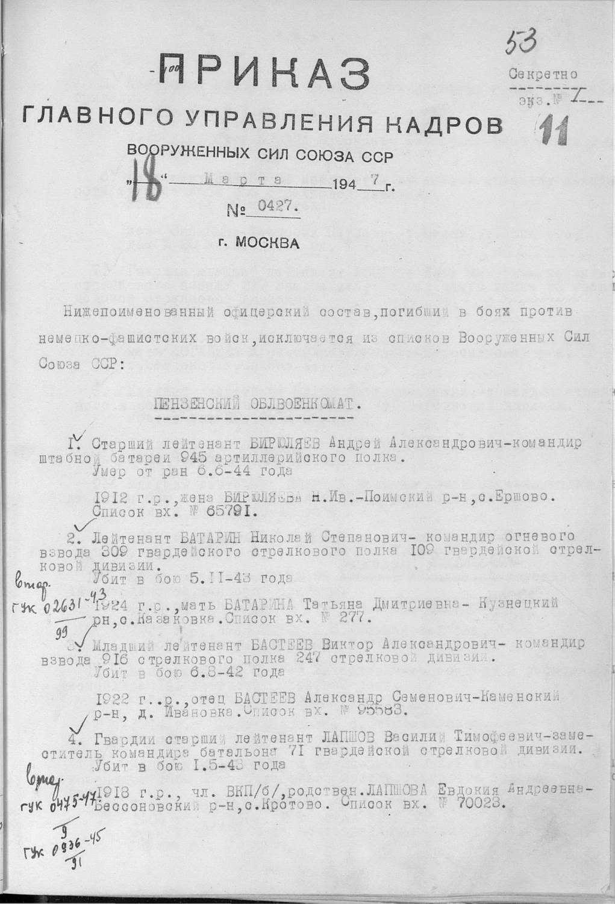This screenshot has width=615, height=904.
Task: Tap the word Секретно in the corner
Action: pos(543,75)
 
